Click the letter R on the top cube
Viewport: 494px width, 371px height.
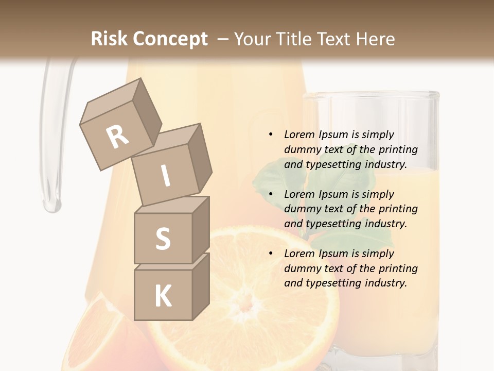click(x=117, y=137)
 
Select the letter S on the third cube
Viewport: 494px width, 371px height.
click(x=163, y=239)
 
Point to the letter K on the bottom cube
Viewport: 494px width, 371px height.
click(x=163, y=296)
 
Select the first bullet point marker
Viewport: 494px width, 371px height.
click(x=271, y=134)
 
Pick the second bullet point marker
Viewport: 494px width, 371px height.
click(x=271, y=194)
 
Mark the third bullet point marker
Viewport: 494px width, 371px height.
click(x=271, y=254)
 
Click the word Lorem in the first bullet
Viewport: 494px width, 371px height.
click(x=299, y=134)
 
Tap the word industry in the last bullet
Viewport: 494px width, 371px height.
click(x=385, y=283)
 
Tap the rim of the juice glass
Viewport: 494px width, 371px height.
click(x=370, y=95)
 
